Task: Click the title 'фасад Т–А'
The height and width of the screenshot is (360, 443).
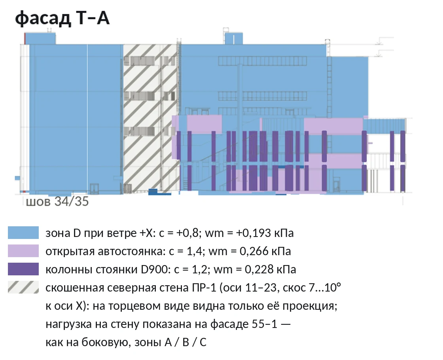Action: pos(62,18)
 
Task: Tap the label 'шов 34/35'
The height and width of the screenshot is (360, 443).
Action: pos(57,202)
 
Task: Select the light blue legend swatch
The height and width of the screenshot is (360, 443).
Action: pos(23,233)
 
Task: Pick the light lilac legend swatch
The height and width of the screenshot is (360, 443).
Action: pos(23,251)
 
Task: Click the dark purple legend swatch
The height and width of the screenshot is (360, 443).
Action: pos(23,269)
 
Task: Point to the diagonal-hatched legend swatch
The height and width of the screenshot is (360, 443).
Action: pos(23,287)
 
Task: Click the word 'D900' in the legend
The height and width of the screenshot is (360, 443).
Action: pos(155,269)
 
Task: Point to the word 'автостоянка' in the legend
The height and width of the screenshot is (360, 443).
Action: pos(131,251)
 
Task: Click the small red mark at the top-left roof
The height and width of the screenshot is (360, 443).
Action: pos(25,38)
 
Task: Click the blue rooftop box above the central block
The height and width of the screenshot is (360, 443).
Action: pos(234,38)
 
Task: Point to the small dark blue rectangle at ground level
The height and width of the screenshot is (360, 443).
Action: pos(153,191)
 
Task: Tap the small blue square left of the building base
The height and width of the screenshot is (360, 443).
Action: pos(17,178)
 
